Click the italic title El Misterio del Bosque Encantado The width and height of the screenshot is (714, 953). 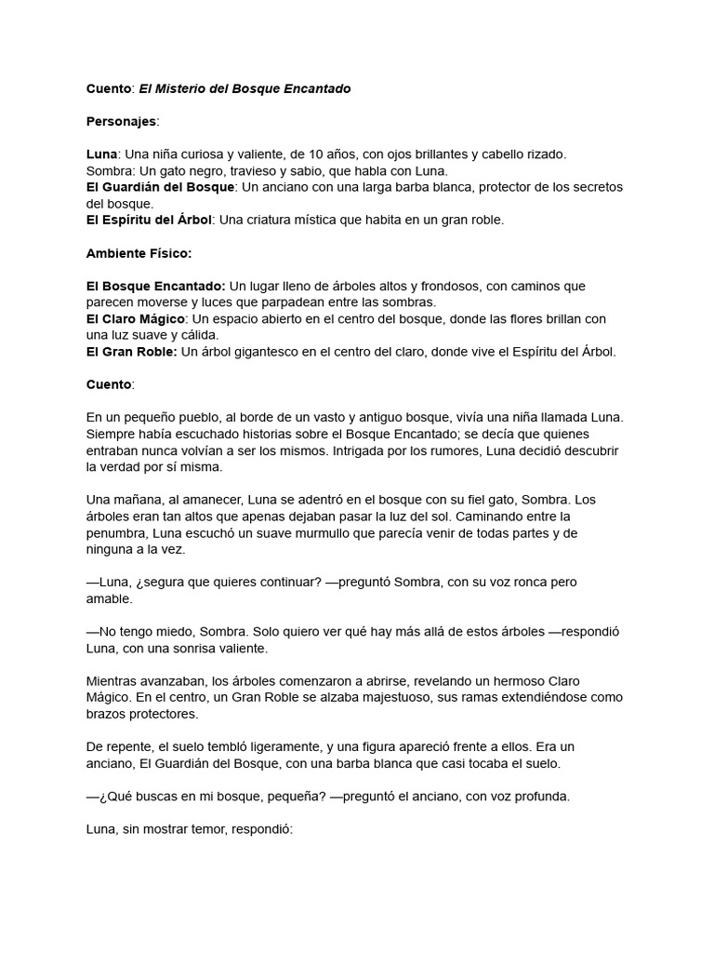[245, 88]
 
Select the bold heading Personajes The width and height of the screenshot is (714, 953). [121, 121]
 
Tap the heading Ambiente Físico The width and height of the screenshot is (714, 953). [139, 253]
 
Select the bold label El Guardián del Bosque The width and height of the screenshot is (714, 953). [159, 187]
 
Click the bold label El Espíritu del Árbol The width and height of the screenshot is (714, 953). [149, 220]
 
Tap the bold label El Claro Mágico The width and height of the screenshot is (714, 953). [135, 318]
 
